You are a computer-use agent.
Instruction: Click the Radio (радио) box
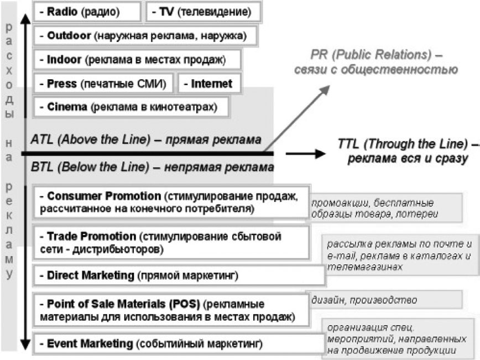click(x=87, y=12)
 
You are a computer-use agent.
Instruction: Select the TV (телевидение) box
click(x=204, y=12)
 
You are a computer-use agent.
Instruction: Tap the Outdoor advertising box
click(x=145, y=36)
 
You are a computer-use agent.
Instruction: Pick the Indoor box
click(x=137, y=59)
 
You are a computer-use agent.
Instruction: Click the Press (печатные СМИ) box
click(x=103, y=84)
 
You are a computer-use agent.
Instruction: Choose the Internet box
click(x=210, y=84)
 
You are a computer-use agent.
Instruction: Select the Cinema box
click(x=131, y=107)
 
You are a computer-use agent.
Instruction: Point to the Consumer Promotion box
click(x=172, y=202)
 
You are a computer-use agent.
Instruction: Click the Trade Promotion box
click(x=172, y=243)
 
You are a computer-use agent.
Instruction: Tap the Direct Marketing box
click(x=179, y=275)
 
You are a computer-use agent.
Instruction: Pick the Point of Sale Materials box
click(x=172, y=310)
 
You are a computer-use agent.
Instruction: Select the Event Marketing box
click(x=179, y=344)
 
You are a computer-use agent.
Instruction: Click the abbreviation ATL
click(x=42, y=139)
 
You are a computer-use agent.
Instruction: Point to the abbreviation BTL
click(x=42, y=167)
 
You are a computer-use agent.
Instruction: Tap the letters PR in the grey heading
click(x=319, y=55)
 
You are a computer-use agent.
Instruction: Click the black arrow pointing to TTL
click(x=305, y=153)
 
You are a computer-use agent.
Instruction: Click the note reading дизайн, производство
click(x=364, y=300)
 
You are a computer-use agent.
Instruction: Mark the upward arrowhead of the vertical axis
click(x=25, y=19)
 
